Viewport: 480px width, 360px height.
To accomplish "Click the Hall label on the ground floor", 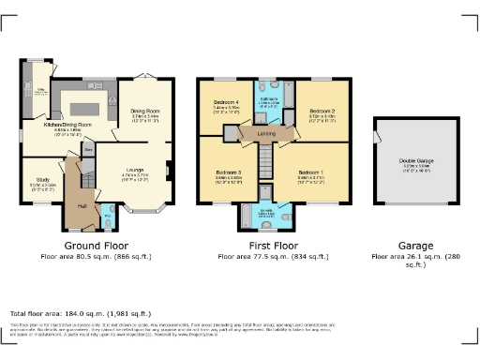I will (82, 205).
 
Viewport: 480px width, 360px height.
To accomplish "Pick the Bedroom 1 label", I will (310, 173).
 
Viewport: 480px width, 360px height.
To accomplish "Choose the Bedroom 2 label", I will (322, 111).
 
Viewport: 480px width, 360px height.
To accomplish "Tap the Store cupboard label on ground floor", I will (88, 149).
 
